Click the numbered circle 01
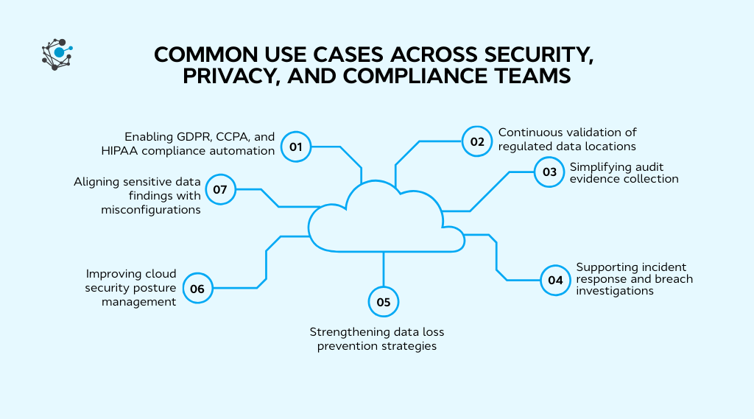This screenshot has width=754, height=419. coord(296,147)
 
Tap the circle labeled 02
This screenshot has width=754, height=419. coord(477,141)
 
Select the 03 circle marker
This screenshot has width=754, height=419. coord(549,172)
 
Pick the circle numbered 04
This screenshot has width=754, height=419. coord(555,280)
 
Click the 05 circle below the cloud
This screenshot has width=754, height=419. coord(383,301)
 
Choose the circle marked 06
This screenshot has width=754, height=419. coord(197,289)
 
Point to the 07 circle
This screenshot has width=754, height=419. coord(220,189)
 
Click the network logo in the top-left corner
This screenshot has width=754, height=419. coord(57,54)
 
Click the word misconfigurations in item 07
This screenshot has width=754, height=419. coord(150,209)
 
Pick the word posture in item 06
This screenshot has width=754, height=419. coord(156,288)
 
